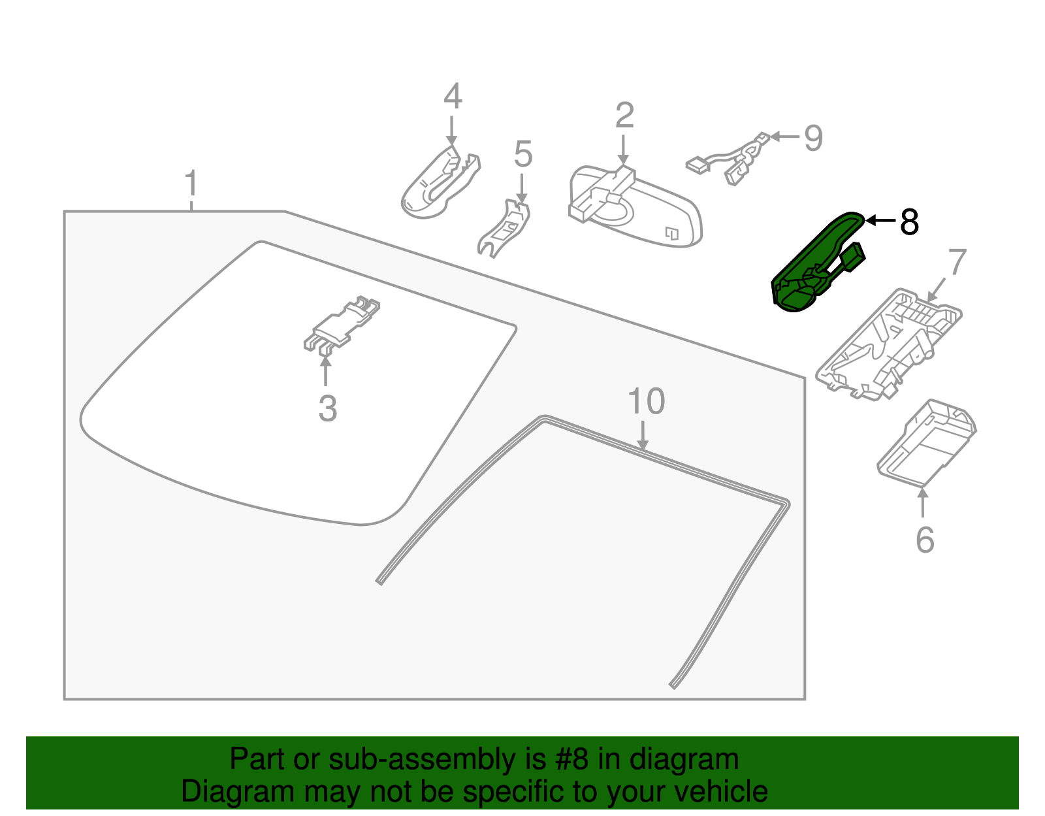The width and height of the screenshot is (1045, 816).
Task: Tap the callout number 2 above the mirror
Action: click(624, 116)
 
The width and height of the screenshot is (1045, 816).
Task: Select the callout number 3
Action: click(327, 409)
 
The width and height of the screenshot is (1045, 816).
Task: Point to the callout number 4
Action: click(453, 97)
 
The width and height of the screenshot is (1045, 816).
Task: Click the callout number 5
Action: click(523, 154)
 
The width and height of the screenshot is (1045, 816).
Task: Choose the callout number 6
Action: click(925, 540)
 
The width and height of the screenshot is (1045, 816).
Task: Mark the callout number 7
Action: click(957, 263)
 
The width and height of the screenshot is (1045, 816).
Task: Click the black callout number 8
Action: click(909, 222)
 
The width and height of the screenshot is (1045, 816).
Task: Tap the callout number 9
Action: click(813, 138)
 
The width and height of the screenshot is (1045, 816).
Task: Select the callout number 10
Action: click(646, 401)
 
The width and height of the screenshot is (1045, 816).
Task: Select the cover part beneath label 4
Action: click(438, 183)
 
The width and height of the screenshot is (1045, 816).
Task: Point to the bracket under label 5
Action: click(505, 229)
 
